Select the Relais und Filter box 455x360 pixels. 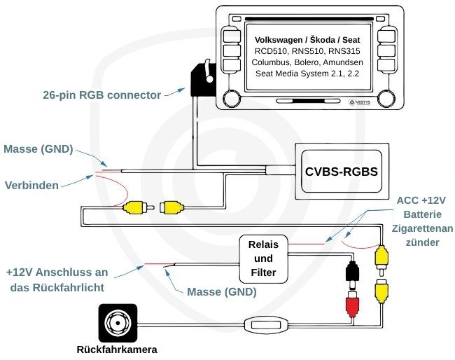(263, 258)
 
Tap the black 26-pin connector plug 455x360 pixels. (201, 83)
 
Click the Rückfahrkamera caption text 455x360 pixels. (117, 349)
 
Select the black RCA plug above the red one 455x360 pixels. (352, 270)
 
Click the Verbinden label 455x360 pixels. (31, 186)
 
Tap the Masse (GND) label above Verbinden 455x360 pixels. (38, 149)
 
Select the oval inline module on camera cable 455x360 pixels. (266, 324)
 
